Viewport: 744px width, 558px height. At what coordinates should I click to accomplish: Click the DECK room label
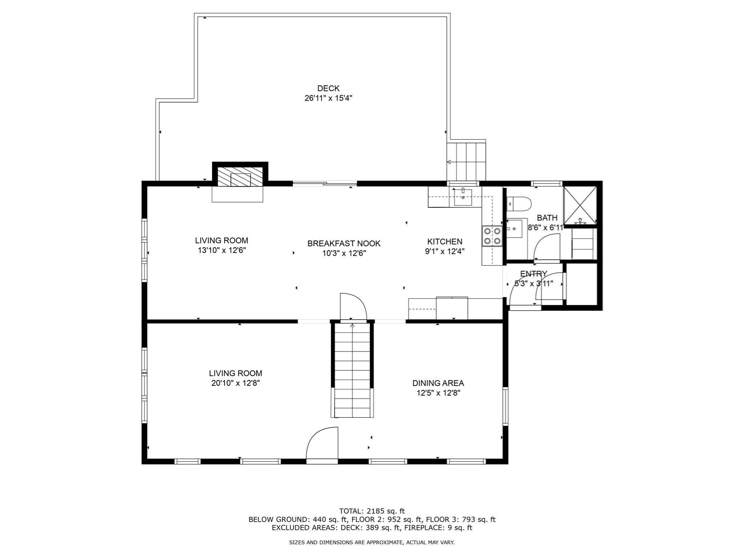328,88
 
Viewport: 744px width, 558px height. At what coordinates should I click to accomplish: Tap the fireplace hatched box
240,177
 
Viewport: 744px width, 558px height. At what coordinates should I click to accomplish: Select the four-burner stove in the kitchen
492,236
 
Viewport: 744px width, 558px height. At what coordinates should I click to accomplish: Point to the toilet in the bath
519,204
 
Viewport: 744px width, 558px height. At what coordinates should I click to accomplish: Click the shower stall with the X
580,205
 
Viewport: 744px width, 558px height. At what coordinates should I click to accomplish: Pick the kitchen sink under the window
463,197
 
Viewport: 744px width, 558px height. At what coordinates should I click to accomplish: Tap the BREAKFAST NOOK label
344,243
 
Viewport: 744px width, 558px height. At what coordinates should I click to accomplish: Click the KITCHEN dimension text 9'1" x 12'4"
445,251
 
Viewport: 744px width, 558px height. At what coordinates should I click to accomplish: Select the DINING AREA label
438,383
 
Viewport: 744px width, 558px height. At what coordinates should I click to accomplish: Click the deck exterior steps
466,162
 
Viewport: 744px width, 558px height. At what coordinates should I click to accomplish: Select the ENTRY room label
533,274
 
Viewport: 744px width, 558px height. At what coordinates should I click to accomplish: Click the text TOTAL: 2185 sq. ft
372,511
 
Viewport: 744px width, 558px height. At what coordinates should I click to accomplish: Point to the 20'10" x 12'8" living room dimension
235,383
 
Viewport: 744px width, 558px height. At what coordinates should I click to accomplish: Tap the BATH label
547,218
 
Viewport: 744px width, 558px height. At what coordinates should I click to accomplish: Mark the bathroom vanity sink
514,229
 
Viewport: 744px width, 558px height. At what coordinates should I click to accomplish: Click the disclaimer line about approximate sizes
372,542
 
